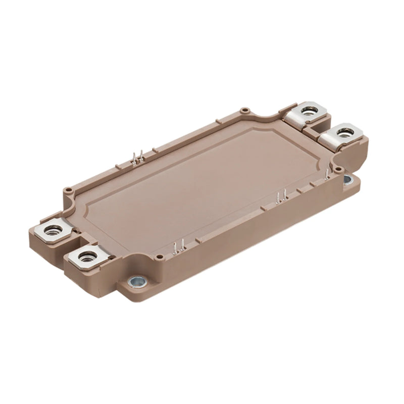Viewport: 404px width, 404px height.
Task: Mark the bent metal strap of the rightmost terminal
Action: click(328, 141)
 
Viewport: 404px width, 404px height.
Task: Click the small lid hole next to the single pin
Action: click(339, 169)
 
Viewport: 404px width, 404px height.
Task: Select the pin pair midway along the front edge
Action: click(281, 196)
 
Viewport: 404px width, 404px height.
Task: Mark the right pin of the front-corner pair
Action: click(180, 246)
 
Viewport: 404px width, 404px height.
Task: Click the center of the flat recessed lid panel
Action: click(202, 182)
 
